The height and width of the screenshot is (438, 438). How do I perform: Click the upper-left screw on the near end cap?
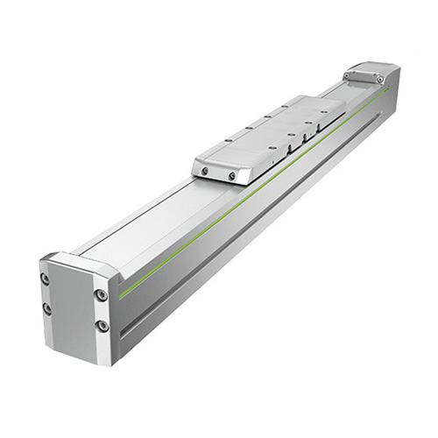(45, 279)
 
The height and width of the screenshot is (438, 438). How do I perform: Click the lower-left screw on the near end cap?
(46, 308)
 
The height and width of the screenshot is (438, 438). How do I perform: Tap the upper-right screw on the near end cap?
(102, 295)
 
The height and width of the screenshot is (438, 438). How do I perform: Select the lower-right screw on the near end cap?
(102, 326)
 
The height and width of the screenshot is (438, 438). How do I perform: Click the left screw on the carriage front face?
(205, 172)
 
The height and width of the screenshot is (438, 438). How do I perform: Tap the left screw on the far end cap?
(348, 75)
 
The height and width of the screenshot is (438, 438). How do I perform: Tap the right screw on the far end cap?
(379, 79)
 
